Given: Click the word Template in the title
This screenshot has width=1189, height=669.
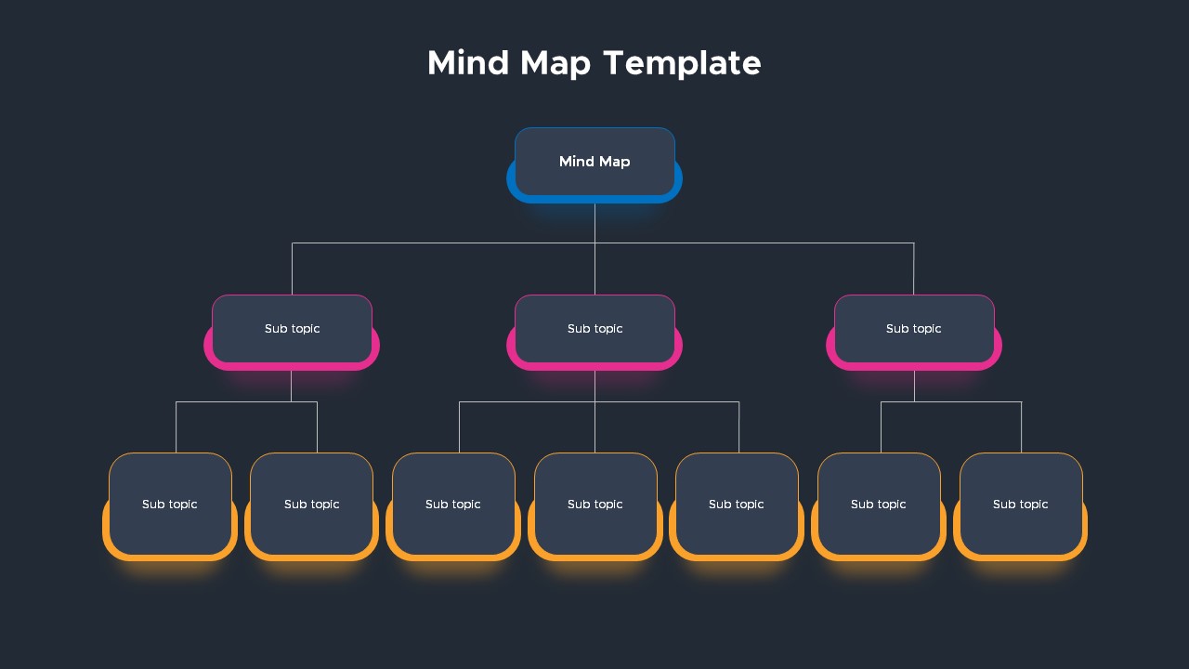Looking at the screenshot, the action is tap(682, 64).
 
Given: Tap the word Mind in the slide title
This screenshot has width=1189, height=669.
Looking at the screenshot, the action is tap(468, 62).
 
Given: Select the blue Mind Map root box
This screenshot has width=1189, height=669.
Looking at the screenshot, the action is tap(594, 164).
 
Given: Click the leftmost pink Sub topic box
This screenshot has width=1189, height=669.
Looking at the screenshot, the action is tap(292, 332).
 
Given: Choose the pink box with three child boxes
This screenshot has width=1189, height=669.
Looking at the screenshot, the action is tap(594, 332).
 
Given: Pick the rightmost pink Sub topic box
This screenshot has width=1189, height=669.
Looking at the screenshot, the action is tap(914, 332).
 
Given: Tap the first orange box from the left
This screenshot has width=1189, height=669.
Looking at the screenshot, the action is tap(170, 506).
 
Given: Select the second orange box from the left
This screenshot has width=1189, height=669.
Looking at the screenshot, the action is tap(311, 506).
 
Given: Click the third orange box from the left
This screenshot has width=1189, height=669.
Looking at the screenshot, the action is tap(453, 506).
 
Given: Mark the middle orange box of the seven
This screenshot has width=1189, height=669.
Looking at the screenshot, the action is tap(595, 506).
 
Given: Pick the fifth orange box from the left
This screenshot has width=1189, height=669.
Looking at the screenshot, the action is tap(737, 506).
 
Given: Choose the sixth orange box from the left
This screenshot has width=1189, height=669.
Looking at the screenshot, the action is tap(879, 506).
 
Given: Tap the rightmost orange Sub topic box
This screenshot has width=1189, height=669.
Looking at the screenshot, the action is tap(1020, 506).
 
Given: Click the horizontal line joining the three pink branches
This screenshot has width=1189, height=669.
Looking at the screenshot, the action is tap(603, 243).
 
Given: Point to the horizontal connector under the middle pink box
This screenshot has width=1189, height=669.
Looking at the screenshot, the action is tap(599, 402).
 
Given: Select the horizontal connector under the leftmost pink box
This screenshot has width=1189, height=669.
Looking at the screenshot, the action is tap(247, 402).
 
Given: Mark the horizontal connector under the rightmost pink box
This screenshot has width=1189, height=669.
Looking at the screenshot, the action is tap(951, 402).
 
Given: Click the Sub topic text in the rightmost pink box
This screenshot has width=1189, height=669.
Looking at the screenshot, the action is tap(913, 329).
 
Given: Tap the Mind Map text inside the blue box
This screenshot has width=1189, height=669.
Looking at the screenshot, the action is tap(594, 162).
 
